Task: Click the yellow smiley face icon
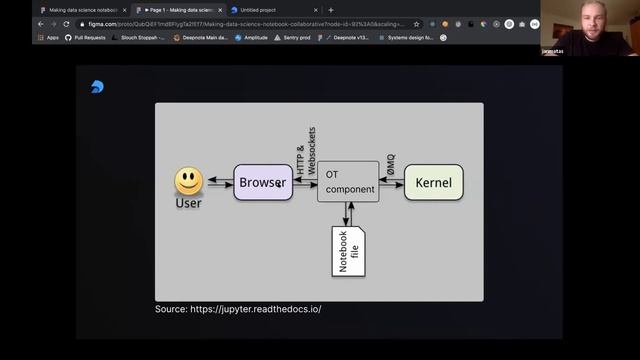point(188,181)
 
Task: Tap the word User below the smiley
point(188,203)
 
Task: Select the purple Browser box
point(263,183)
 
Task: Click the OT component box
point(348,183)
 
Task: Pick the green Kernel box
point(433,183)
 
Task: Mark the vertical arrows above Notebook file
point(348,214)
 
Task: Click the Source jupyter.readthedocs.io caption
point(238,309)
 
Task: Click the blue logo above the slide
point(96,87)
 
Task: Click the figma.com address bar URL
point(240,23)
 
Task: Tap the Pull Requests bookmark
point(87,37)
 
